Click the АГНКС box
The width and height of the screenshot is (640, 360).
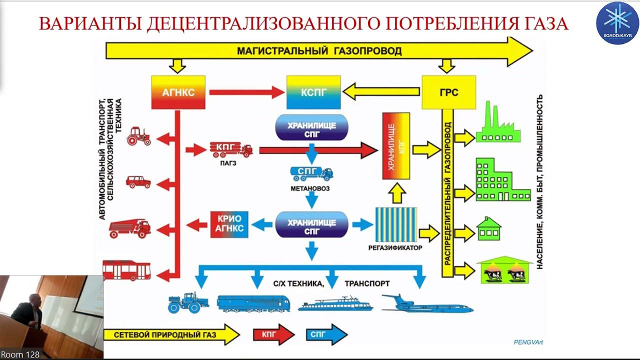tap(178, 92)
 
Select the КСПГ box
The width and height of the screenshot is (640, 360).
tap(313, 92)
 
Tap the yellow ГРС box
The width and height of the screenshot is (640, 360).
tap(448, 92)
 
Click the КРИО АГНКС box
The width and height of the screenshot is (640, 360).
tap(229, 224)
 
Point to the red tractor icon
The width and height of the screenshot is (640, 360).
tap(138, 136)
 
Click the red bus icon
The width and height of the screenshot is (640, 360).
tap(126, 270)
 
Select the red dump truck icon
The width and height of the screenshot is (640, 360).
tap(129, 228)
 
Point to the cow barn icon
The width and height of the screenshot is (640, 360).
tap(505, 270)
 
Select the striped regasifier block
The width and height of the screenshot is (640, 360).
tap(396, 224)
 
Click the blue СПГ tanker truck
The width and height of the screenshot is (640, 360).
tap(311, 173)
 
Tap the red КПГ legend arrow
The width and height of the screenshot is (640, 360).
tap(273, 334)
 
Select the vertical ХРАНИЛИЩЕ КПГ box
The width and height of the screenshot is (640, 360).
tap(395, 146)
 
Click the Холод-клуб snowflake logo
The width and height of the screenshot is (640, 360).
tap(617, 22)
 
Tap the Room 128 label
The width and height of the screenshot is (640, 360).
tap(20, 354)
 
